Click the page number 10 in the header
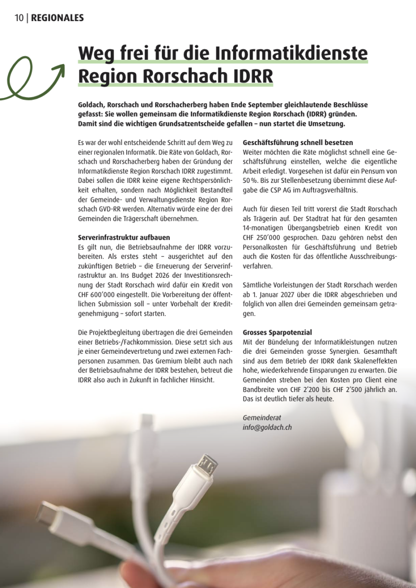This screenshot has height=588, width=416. tap(19, 18)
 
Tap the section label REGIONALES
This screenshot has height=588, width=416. tap(57, 18)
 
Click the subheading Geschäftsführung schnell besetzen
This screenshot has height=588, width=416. tap(298, 143)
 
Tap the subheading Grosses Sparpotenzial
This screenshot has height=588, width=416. tap(277, 332)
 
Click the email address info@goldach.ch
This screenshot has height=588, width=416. tap(267, 427)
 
